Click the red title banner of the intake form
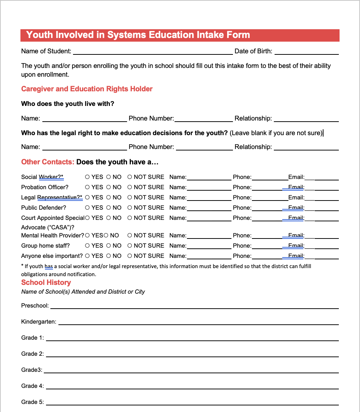click(x=180, y=35)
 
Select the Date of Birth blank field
click(x=306, y=52)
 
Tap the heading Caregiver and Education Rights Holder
click(x=87, y=89)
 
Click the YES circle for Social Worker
click(x=87, y=177)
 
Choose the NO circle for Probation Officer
click(x=108, y=187)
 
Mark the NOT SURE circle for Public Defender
click(x=130, y=208)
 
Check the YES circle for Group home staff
click(x=87, y=246)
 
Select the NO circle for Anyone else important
click(x=108, y=256)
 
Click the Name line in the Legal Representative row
click(x=209, y=198)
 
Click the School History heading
click(x=46, y=283)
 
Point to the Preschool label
click(x=35, y=306)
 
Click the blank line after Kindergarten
click(x=198, y=322)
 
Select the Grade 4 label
click(x=32, y=386)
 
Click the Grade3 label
click(x=31, y=370)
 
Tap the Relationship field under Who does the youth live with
click(x=306, y=119)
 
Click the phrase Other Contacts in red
click(x=47, y=162)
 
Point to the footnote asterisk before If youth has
click(x=22, y=266)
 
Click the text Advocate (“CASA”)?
click(x=47, y=228)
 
